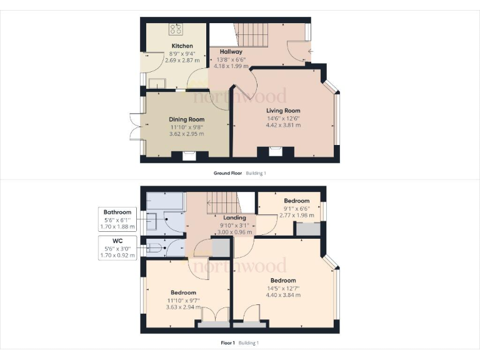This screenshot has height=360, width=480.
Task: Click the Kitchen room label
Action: (x=182, y=46)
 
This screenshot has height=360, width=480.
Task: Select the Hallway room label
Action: (x=222, y=52)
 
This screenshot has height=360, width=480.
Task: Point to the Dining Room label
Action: (x=186, y=119)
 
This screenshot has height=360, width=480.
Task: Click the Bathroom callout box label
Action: (x=117, y=212)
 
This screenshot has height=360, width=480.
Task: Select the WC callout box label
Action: (x=117, y=241)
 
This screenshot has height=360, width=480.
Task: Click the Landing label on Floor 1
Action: (x=235, y=217)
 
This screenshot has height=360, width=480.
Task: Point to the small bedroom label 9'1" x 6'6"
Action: (x=297, y=208)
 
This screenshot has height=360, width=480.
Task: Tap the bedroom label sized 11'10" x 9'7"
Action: (x=183, y=292)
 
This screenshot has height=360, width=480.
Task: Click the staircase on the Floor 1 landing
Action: (x=222, y=203)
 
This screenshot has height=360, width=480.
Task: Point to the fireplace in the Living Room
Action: (x=276, y=150)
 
